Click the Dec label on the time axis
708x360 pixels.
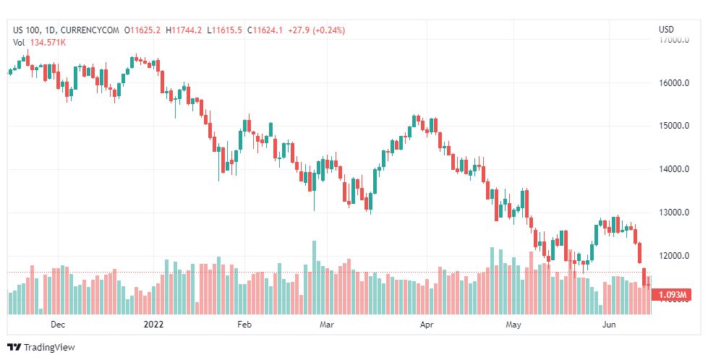click(x=58, y=325)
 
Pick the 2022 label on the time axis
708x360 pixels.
click(x=154, y=325)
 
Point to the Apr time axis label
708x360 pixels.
click(x=426, y=325)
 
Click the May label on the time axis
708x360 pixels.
click(x=513, y=325)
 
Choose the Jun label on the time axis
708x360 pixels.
click(x=610, y=325)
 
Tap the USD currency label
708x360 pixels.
click(x=666, y=30)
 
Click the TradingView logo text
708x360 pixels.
click(x=48, y=348)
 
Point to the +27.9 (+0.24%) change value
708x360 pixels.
click(x=316, y=30)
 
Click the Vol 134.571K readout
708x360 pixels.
click(x=40, y=43)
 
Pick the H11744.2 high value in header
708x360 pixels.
click(x=184, y=30)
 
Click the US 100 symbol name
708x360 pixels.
click(x=27, y=30)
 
